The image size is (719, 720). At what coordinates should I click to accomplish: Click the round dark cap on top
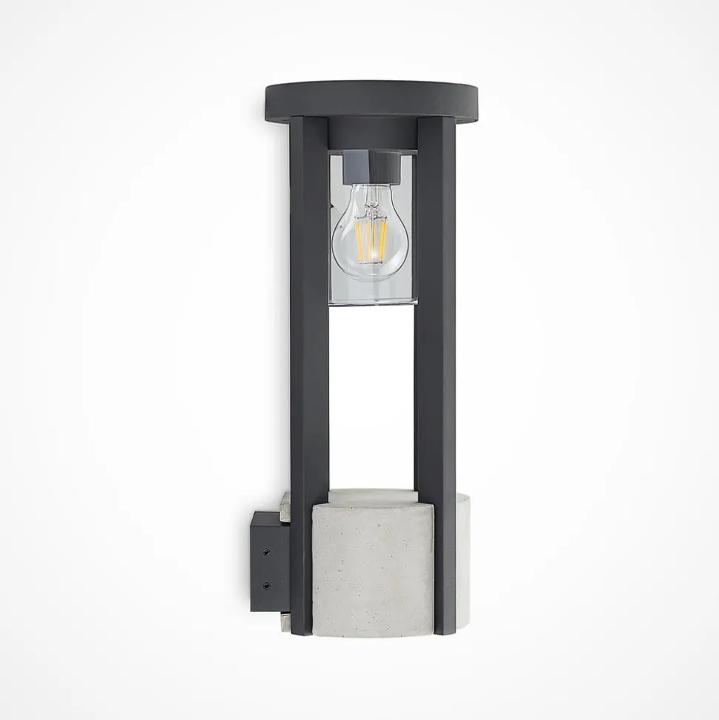pos(371,99)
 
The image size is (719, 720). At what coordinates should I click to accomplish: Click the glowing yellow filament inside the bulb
pos(371,240)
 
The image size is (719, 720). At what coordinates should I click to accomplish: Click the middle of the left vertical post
pos(309,371)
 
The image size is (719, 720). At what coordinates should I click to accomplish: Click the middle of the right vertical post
pos(435,371)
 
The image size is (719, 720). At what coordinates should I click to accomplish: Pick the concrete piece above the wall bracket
pos(285,503)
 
